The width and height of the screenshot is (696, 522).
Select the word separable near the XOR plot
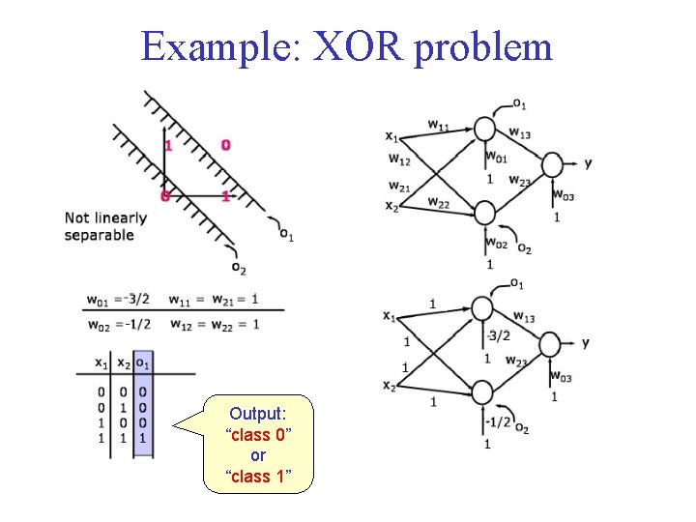pos(99,236)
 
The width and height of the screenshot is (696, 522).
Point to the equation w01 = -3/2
pos(118,298)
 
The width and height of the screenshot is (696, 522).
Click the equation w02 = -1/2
pos(118,324)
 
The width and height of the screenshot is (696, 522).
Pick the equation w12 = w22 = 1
pos(214,324)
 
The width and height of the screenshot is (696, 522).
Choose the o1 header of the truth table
pos(142,363)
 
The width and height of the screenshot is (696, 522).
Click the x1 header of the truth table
pos(101,363)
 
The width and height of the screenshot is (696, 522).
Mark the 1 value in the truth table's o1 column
pos(142,438)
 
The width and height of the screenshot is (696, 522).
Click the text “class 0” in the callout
pos(257,435)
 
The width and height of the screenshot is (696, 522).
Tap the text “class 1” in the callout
pos(257,476)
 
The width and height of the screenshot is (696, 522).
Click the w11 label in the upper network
pos(438,125)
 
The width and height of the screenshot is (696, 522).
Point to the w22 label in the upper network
pos(438,202)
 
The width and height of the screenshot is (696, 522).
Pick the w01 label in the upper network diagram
pos(496,157)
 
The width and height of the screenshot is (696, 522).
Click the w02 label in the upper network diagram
pos(496,243)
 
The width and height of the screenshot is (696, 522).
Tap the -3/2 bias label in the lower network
pos(499,336)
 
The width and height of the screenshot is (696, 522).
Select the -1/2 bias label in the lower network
pos(499,421)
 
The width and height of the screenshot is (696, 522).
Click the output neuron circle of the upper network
pos(552,164)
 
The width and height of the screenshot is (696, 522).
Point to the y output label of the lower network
pos(586,343)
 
